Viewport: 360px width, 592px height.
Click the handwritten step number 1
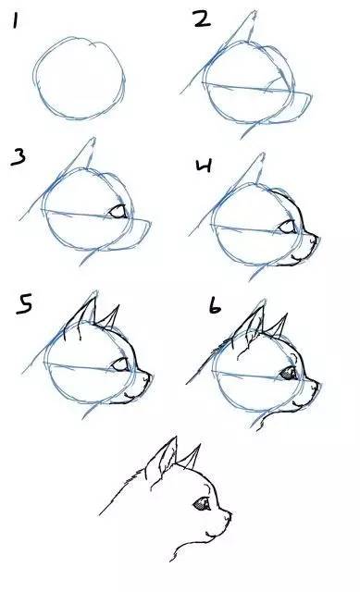coord(15,20)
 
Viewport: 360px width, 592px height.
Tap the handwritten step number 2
coord(203,18)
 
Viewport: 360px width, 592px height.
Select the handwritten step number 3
coord(19,157)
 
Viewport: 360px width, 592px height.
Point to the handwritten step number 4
coord(204,166)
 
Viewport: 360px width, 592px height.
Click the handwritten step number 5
coord(24,304)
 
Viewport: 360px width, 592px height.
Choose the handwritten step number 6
coord(215,306)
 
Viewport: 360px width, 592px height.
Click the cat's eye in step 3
coord(118,212)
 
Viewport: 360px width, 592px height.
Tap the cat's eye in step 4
coord(287,227)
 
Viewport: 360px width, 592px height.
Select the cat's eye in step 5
coord(120,364)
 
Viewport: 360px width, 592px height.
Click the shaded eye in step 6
coord(289,373)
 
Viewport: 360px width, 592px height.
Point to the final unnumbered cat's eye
coord(202,503)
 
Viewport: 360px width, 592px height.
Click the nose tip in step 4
coord(316,239)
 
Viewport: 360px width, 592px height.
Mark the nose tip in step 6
coord(317,385)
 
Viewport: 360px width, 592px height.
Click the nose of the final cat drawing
coord(228,514)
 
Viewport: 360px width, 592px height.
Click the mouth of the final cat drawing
coord(211,534)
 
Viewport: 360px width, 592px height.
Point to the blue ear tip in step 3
coord(93,140)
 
